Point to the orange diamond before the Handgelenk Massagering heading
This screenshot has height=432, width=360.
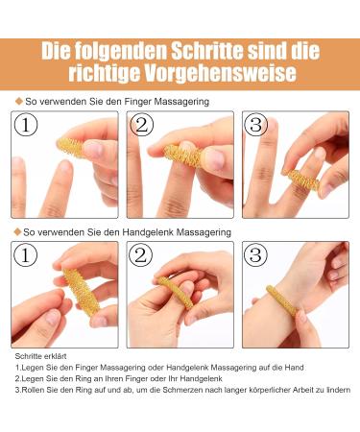(18, 232)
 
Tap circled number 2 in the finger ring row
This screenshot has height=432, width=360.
(140, 126)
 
